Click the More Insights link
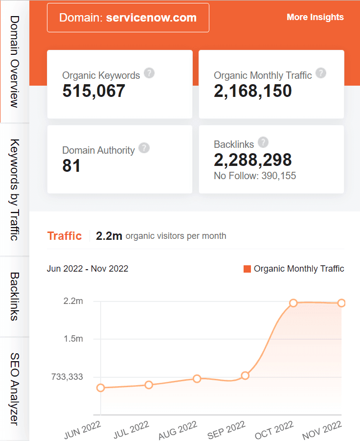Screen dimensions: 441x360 (315, 17)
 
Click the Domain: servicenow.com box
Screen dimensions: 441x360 (128, 18)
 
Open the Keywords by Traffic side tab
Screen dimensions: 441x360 (14, 190)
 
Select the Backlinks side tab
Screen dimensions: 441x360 (14, 297)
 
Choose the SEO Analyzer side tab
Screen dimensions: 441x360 (14, 389)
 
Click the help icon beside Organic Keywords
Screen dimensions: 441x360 (150, 73)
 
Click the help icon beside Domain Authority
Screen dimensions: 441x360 (144, 148)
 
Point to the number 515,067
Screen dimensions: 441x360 (94, 91)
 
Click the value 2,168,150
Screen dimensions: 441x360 (253, 91)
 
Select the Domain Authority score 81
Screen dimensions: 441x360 (71, 166)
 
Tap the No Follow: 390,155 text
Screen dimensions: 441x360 (255, 176)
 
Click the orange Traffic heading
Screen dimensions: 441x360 (64, 236)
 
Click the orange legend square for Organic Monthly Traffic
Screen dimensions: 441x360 (247, 269)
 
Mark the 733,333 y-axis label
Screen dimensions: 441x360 (67, 377)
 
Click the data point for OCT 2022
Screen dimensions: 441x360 (293, 303)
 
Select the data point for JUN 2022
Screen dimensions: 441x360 (101, 388)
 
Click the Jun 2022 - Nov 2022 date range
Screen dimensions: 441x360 (88, 269)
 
